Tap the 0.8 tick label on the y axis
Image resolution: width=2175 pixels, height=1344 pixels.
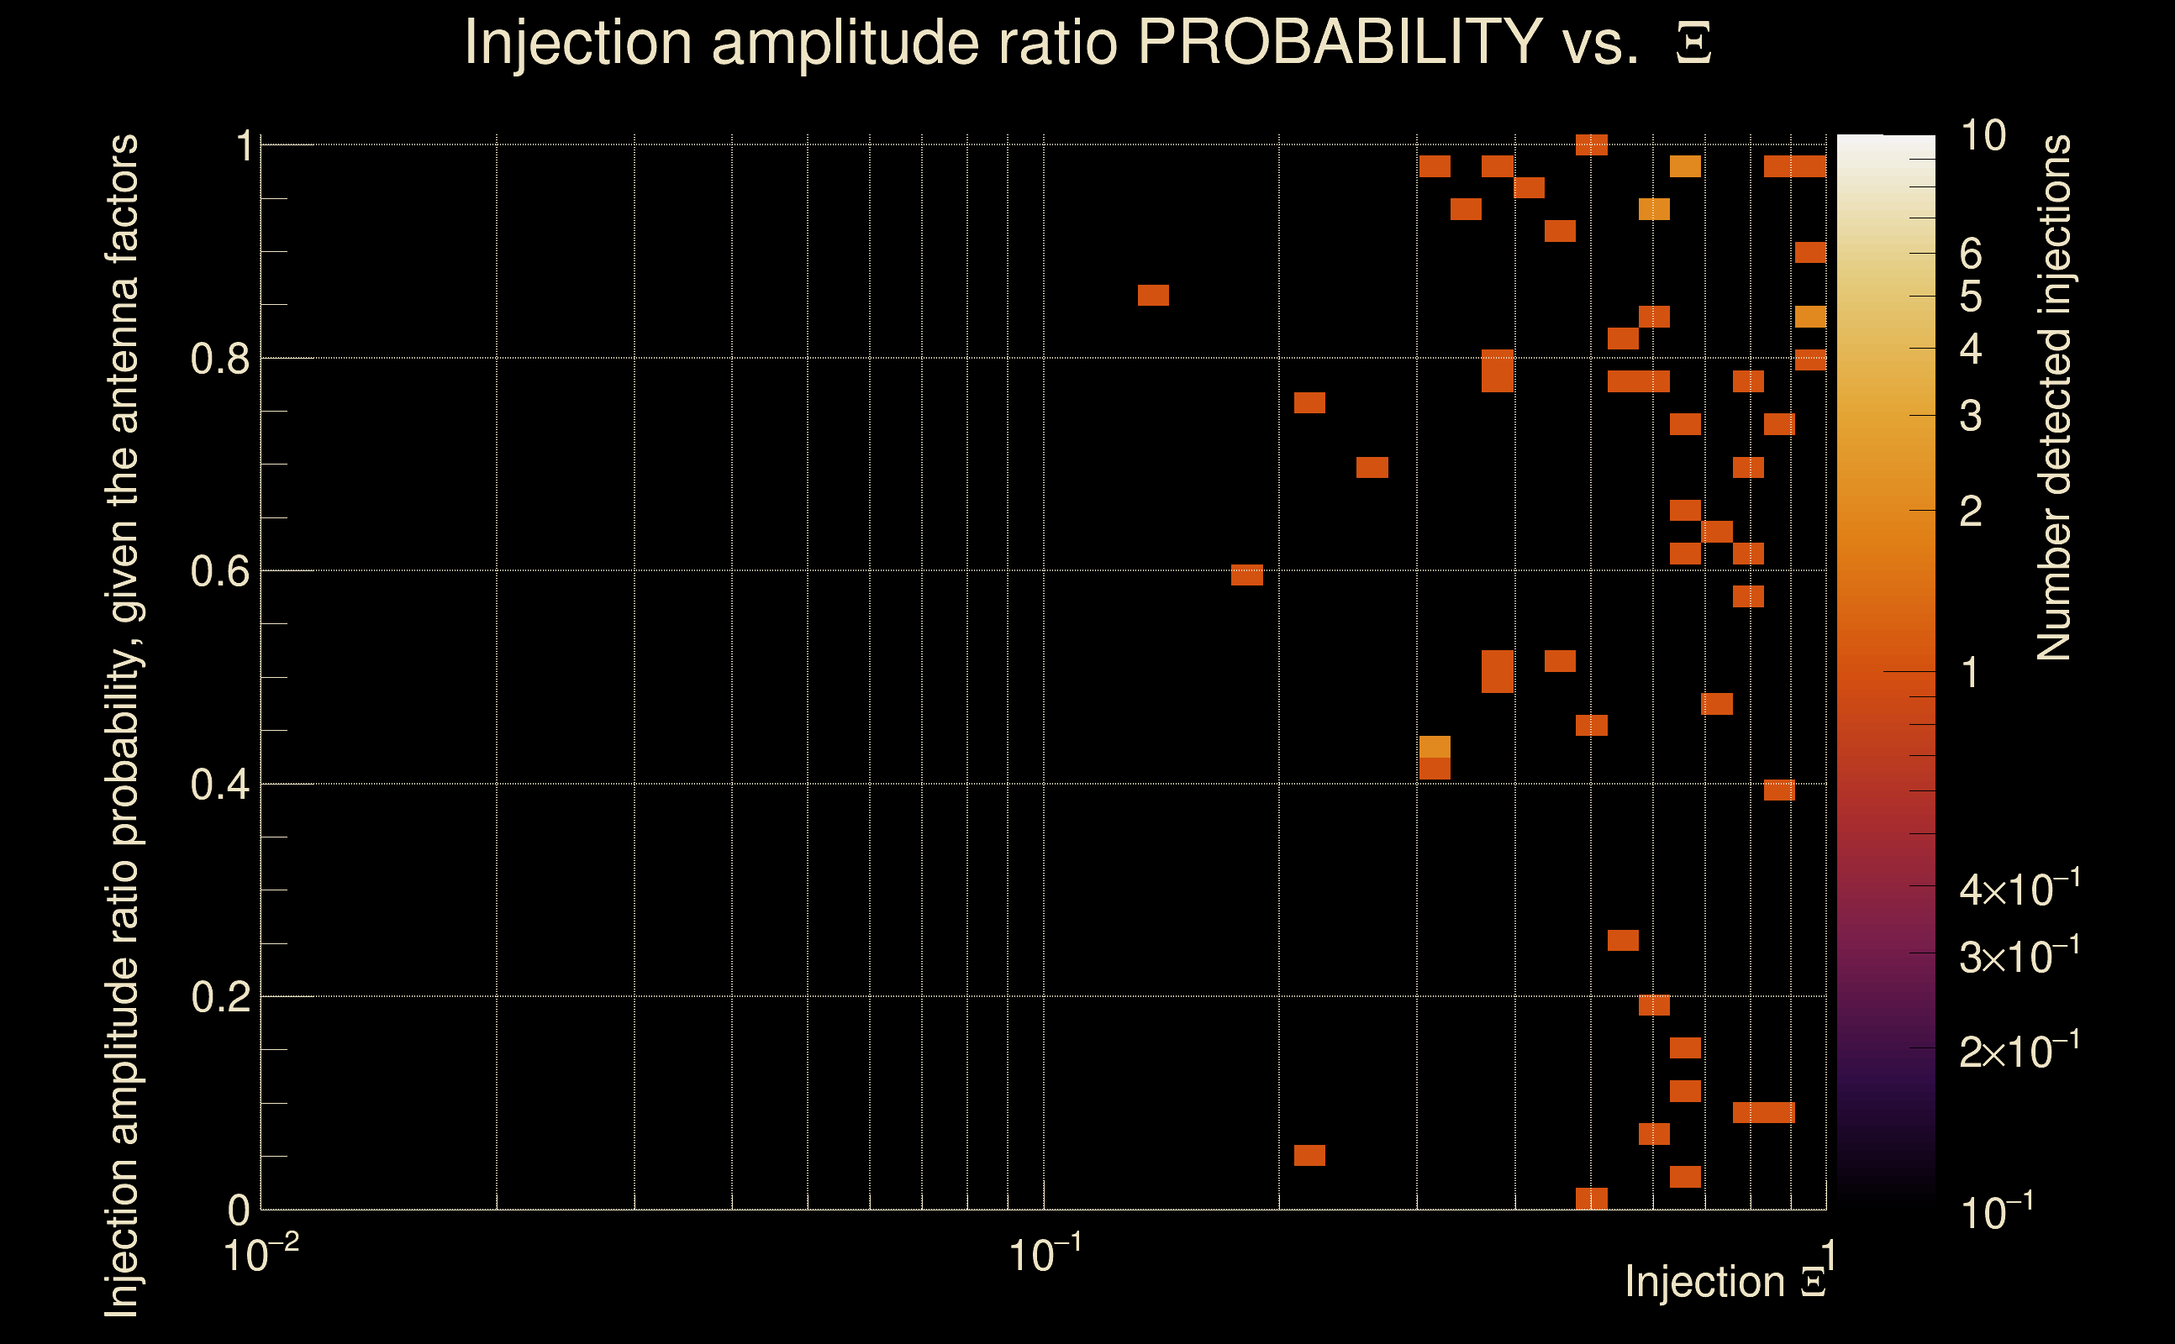pos(219,360)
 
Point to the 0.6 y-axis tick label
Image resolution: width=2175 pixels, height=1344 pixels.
pos(219,571)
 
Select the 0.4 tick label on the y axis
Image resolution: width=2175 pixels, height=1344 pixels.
pos(219,785)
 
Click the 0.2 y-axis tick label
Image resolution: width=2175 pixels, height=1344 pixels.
pos(219,997)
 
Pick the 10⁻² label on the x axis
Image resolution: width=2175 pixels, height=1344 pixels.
pos(261,1255)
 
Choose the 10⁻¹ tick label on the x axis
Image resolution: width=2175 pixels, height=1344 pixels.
pos(1045,1255)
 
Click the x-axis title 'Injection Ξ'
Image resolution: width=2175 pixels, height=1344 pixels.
pos(1725,1282)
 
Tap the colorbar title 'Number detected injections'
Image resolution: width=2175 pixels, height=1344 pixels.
pos(2054,397)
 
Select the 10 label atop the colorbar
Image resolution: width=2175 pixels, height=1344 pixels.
pos(1983,136)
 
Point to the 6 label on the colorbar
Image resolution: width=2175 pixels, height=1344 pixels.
pos(1971,255)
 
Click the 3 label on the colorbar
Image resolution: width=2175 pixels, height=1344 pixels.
pos(1971,416)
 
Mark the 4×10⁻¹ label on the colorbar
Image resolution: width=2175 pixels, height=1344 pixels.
pos(2019,889)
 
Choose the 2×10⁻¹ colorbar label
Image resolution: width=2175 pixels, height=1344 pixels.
pos(2019,1052)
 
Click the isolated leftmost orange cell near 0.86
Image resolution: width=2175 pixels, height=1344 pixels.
pos(1153,295)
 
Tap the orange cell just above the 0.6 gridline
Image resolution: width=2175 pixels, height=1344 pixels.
pos(1246,575)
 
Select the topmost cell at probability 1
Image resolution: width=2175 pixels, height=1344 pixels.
pos(1592,144)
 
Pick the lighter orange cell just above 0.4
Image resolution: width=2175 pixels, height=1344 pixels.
pos(1435,747)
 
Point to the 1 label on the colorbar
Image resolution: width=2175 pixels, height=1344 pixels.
pos(1971,673)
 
